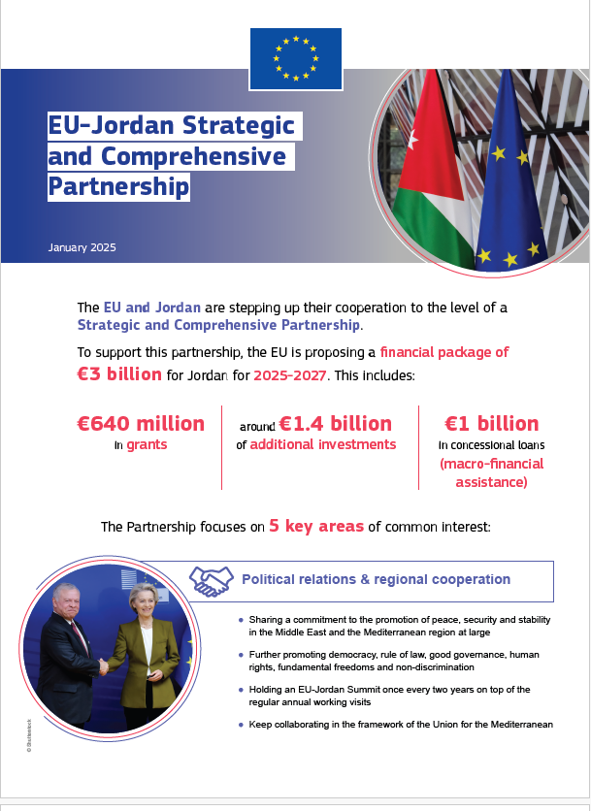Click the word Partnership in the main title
tap(118, 185)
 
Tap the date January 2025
tap(82, 247)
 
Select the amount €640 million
tap(141, 424)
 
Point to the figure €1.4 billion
tap(335, 424)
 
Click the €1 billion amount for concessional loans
tap(491, 424)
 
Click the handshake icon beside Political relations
tap(210, 580)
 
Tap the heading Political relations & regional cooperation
tap(376, 580)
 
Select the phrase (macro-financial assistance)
tap(491, 472)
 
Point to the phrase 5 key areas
tap(316, 527)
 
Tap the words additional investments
tap(322, 444)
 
